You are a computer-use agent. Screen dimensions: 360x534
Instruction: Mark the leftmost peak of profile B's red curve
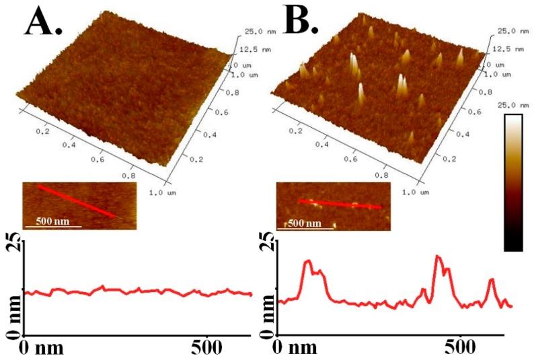coord(308,262)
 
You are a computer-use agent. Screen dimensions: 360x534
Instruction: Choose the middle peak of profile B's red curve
coord(438,257)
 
